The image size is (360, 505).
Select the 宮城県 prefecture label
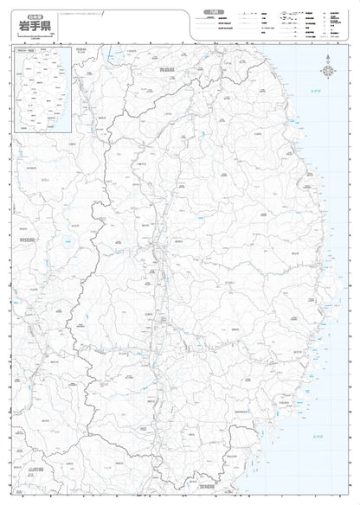coord(204,474)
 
